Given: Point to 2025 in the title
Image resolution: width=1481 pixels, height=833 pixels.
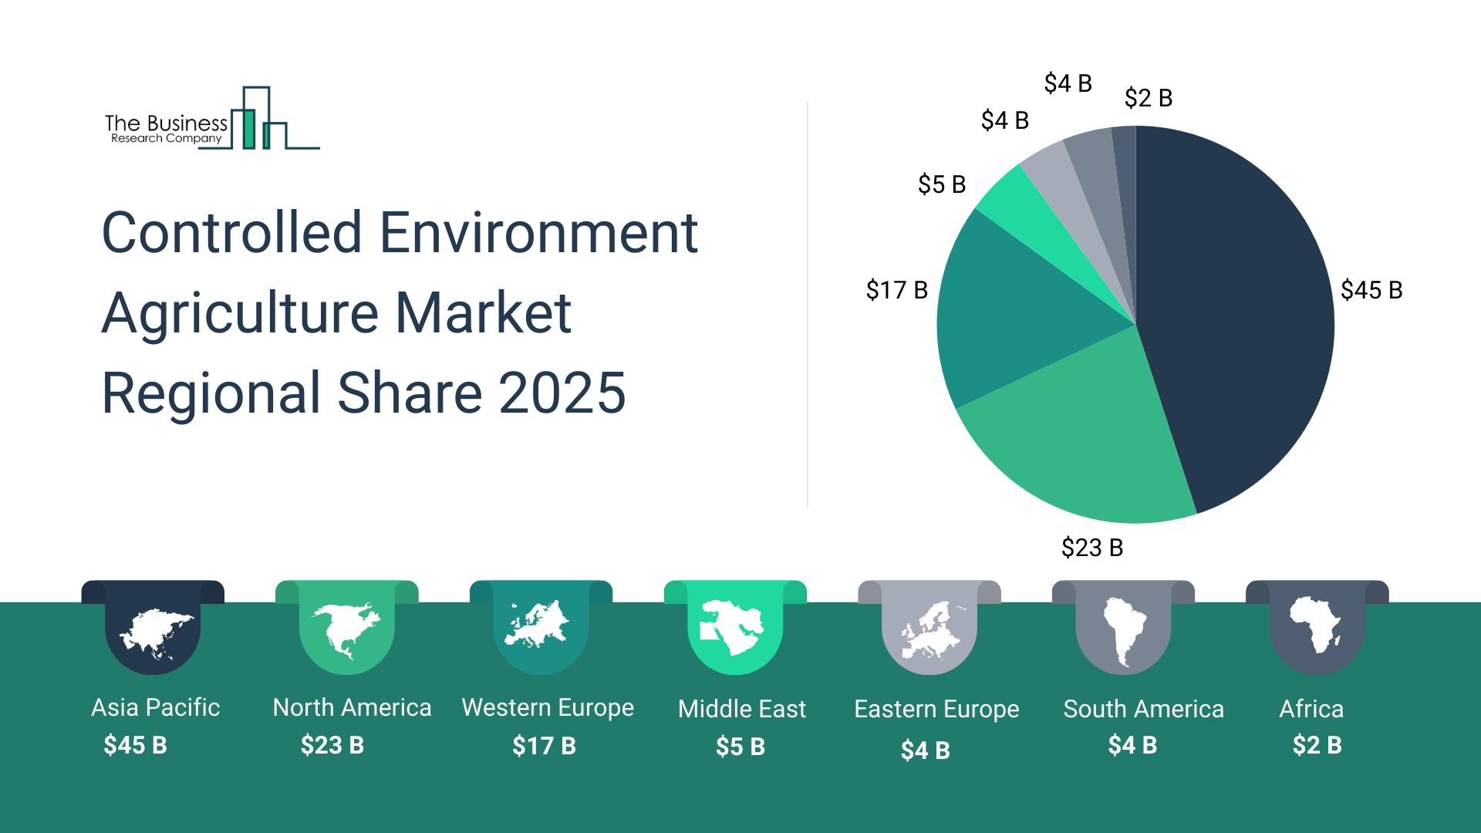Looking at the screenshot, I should (562, 393).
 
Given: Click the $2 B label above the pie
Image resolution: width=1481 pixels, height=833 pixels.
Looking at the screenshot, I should (1148, 98).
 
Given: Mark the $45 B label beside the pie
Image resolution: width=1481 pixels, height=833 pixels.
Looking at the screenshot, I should (1371, 290).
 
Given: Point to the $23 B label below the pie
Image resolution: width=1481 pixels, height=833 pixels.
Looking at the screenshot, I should (1091, 548).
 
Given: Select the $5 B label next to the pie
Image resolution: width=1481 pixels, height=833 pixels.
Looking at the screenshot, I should (941, 184).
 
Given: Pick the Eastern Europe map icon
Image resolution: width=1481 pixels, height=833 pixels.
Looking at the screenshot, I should (932, 631).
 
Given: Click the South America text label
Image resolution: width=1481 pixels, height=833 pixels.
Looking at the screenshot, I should (1143, 709).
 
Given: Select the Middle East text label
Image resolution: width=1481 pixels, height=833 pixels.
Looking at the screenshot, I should (741, 709).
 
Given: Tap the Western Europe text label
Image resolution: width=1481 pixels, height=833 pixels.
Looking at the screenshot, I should (548, 707).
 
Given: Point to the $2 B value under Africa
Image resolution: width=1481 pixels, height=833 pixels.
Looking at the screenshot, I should (1317, 745).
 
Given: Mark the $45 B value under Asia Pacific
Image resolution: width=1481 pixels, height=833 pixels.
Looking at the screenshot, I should (135, 745).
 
